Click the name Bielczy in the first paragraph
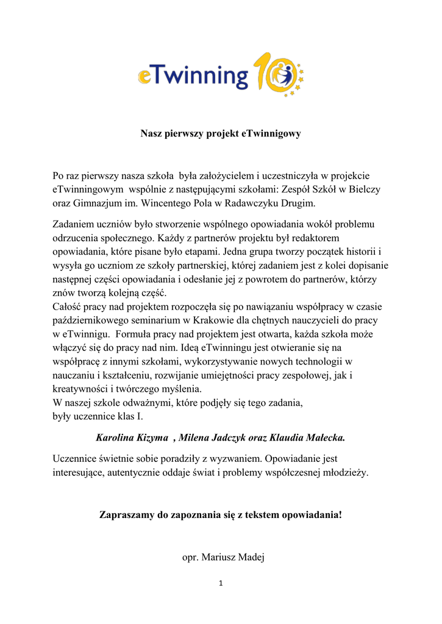point(364,190)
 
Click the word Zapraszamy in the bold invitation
point(126,515)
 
